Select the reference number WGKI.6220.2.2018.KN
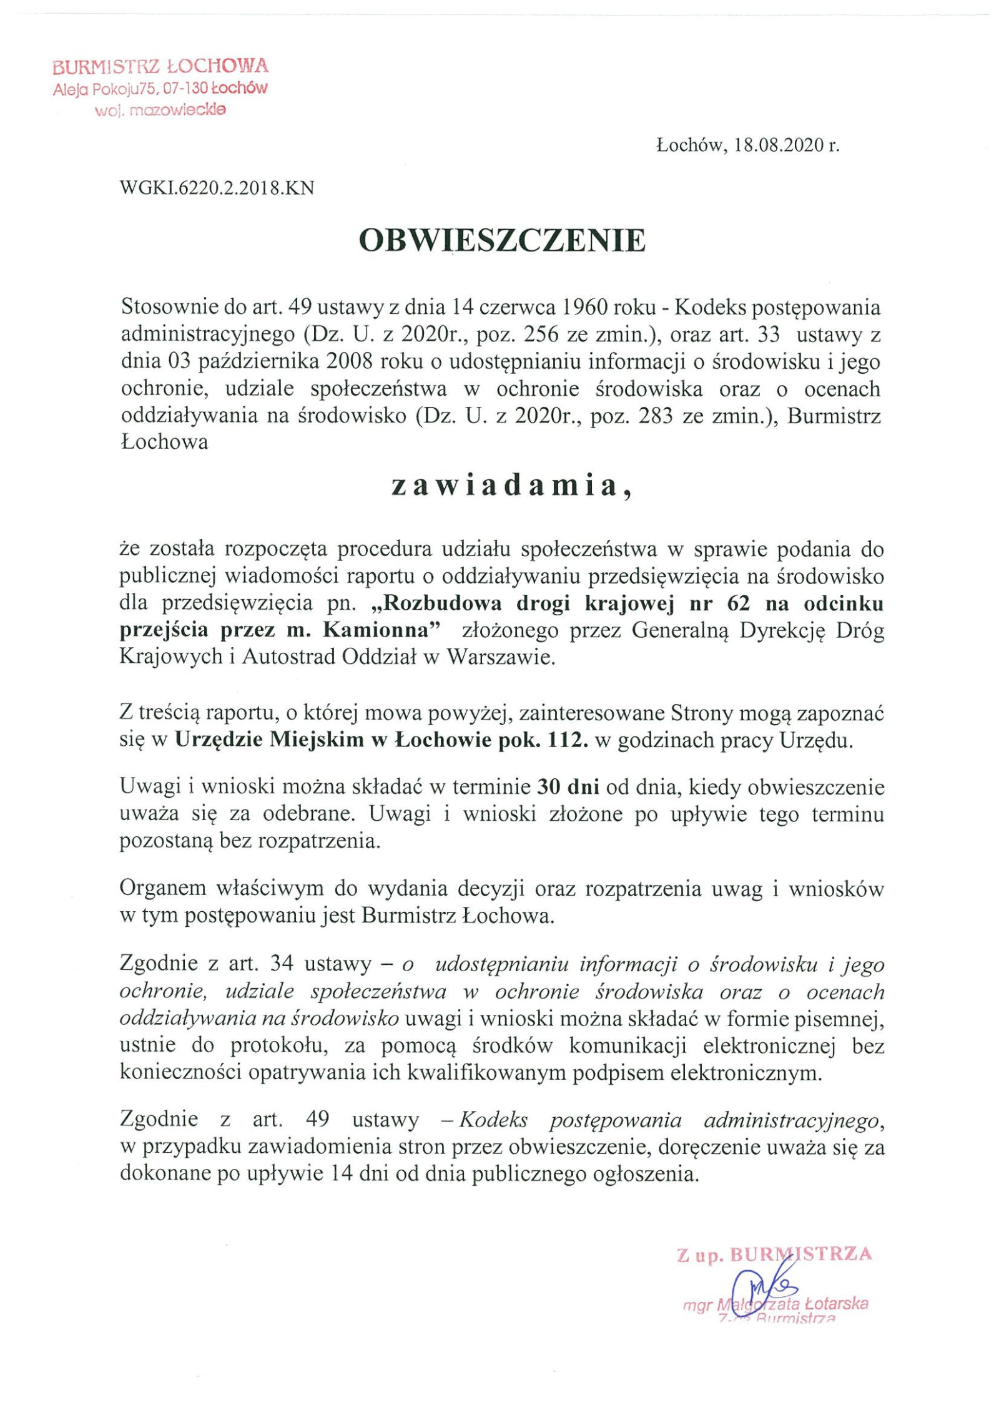pos(216,188)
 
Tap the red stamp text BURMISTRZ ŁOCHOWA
pos(160,66)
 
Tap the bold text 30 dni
pos(568,787)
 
